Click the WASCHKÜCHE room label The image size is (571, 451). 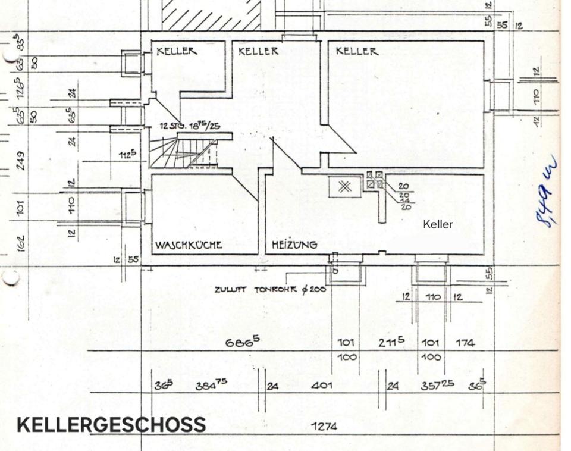[189, 245]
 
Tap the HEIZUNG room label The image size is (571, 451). [294, 245]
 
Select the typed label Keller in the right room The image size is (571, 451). [438, 224]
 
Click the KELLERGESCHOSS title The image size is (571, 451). [111, 425]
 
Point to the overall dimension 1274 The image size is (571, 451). [324, 426]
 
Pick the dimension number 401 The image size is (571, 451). [322, 386]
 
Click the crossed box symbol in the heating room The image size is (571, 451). [344, 187]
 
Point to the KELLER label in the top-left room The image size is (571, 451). [177, 52]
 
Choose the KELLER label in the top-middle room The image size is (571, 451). [258, 51]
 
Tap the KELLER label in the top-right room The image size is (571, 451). [357, 51]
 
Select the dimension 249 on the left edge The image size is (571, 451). [21, 160]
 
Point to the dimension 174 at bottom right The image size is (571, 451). [465, 343]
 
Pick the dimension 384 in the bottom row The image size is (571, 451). [211, 386]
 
